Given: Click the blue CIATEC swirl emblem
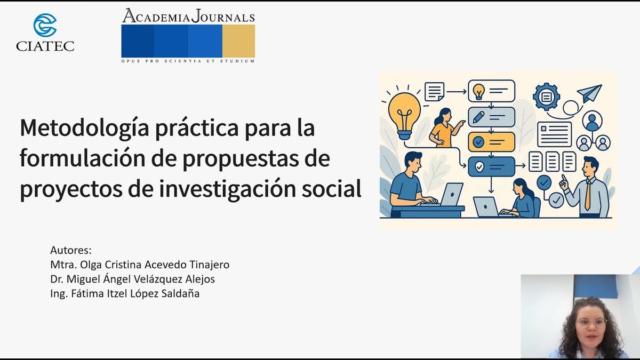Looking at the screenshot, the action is point(45,25).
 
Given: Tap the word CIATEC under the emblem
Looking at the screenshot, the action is point(45,46).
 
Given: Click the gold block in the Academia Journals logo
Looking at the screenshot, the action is point(238,41).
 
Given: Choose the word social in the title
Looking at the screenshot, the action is point(331,189).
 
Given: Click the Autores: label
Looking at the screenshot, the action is point(71,250).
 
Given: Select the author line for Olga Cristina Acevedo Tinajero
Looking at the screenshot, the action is point(140,265).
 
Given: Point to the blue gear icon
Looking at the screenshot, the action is point(546,97).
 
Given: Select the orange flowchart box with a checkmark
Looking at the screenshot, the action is point(491,142).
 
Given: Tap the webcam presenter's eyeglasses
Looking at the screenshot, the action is point(591,323).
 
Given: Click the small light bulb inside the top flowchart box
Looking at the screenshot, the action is point(478,91).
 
